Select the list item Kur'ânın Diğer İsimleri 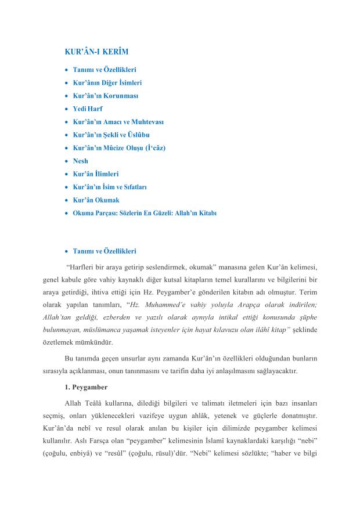107,82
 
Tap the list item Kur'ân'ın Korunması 105,95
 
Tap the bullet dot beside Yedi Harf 67,109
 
